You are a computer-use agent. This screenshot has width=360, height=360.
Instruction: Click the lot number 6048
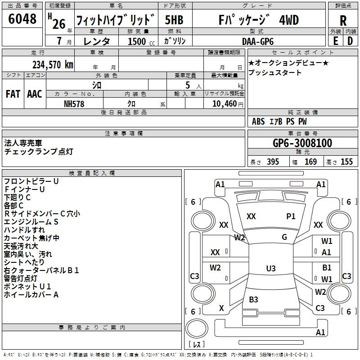click(x=22, y=19)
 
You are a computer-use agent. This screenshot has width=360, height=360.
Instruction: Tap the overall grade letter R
click(x=343, y=21)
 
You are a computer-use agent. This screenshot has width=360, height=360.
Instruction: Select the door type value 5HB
click(x=174, y=20)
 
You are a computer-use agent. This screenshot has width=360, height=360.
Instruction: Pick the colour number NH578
click(x=74, y=103)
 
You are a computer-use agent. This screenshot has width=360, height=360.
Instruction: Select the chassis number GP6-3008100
click(x=302, y=143)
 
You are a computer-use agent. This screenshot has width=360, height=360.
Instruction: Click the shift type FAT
click(x=13, y=94)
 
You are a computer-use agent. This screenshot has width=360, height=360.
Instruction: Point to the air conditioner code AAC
click(x=35, y=94)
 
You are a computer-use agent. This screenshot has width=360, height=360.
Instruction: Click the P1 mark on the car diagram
click(x=291, y=216)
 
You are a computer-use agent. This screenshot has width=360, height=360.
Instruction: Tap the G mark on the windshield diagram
click(x=284, y=237)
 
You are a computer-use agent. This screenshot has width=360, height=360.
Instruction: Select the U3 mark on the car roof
click(x=270, y=269)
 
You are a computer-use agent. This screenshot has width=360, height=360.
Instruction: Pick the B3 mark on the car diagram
click(x=253, y=300)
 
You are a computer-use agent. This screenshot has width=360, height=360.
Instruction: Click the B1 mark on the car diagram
click(x=327, y=268)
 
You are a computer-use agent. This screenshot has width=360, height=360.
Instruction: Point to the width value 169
click(x=310, y=162)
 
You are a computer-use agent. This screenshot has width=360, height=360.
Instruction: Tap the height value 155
click(x=346, y=162)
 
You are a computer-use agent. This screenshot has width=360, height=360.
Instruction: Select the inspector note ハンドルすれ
click(x=24, y=230)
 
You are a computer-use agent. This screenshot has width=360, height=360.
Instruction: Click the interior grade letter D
click(x=350, y=41)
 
